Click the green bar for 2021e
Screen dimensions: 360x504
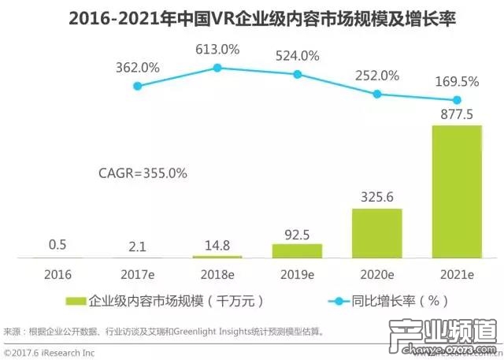(456, 191)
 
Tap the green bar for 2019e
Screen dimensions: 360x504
(297, 251)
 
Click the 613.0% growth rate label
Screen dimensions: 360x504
(217, 49)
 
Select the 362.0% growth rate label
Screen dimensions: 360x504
(139, 68)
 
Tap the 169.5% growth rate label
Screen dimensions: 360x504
(457, 81)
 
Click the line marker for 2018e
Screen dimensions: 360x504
(217, 68)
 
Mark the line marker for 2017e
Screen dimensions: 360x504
(138, 85)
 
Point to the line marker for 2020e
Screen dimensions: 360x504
(376, 94)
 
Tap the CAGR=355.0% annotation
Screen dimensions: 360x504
(143, 173)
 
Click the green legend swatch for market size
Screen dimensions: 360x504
(77, 301)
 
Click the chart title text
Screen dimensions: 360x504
(251, 16)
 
